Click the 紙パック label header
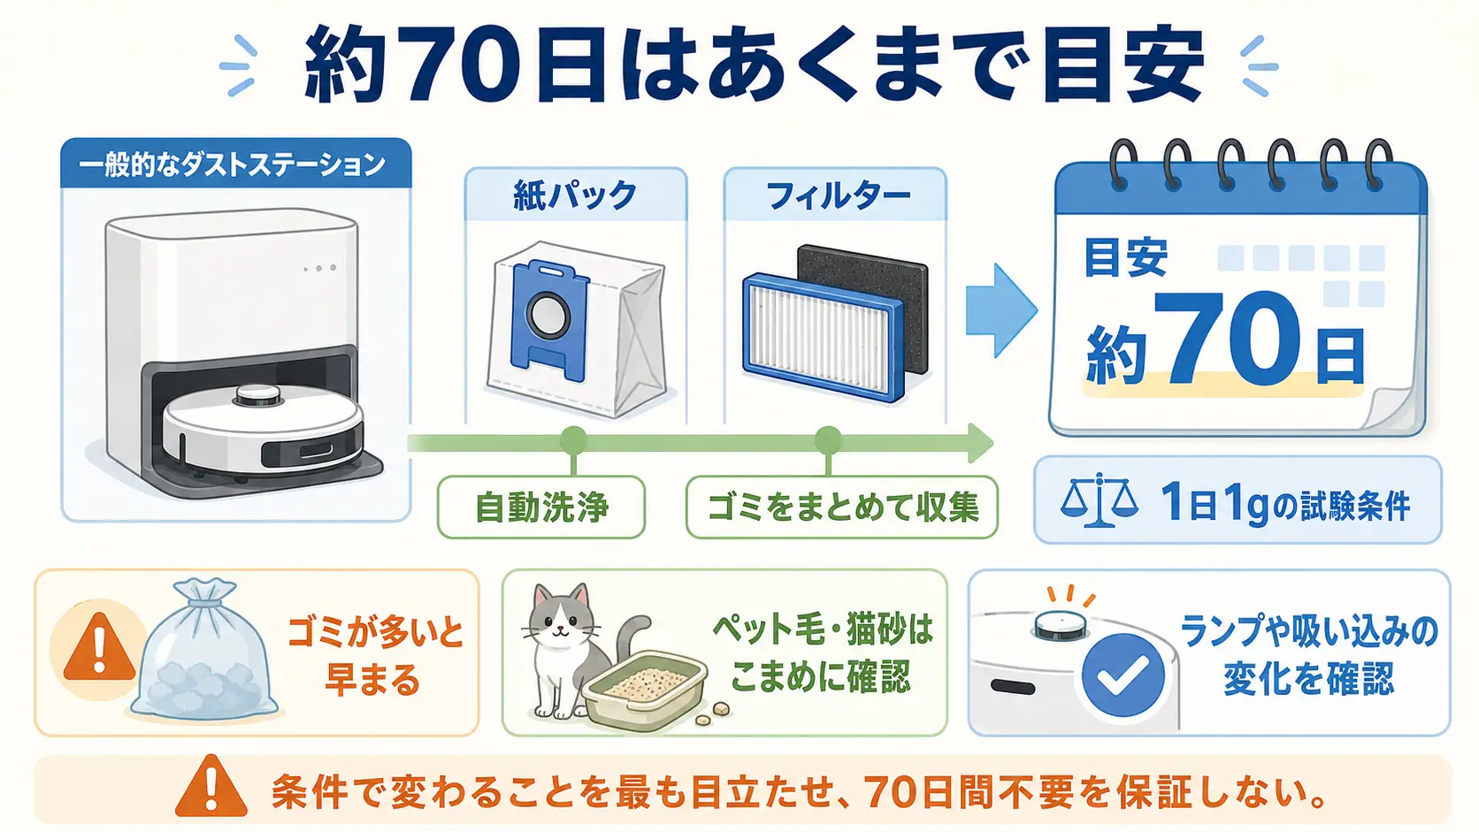tap(575, 195)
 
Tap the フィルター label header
tap(835, 195)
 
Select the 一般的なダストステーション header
tap(235, 164)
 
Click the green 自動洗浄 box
tap(540, 508)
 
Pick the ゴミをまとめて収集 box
tap(842, 508)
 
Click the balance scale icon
tap(1099, 500)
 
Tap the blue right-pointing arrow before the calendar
tap(1001, 310)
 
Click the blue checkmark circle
tap(1123, 675)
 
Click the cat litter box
tap(644, 691)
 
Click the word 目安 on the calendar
tap(1125, 257)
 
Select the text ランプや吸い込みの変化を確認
tap(1308, 653)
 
